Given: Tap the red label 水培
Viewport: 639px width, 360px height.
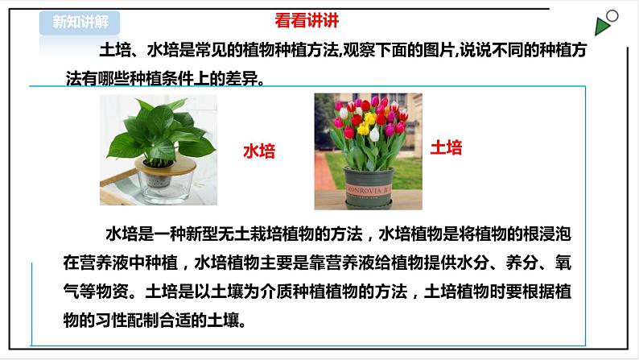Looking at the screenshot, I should [258, 151].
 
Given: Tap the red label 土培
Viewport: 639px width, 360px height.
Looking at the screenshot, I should [446, 147].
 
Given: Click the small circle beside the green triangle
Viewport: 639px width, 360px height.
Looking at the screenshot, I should [613, 14].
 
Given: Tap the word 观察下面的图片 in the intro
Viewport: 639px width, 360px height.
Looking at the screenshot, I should [405, 52].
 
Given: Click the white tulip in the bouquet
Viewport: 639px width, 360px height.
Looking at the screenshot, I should [374, 134].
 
